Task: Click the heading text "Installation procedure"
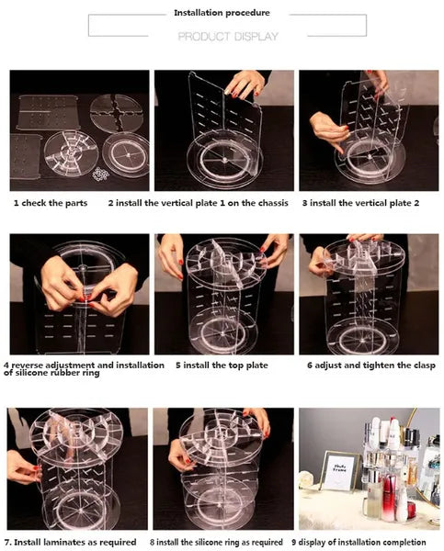pos(222,13)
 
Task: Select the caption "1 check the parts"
pos(51,203)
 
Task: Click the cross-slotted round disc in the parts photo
pos(116,113)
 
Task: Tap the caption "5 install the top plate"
pos(222,365)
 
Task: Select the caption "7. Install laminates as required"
pos(71,543)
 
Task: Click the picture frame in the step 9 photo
pos(340,471)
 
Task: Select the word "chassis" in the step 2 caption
pos(271,203)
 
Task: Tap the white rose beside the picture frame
pos(306,479)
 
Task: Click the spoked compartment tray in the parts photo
pos(71,155)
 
